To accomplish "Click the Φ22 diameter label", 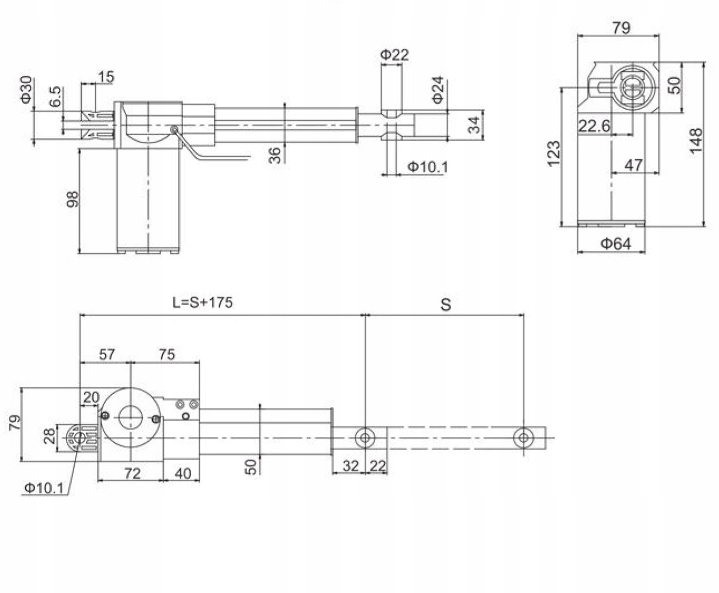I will [x=394, y=55].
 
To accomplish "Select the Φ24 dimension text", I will [x=437, y=90].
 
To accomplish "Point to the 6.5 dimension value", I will [x=55, y=96].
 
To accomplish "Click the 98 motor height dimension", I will [x=73, y=199].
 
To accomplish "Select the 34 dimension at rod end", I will [x=474, y=125].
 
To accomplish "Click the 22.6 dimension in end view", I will [x=594, y=126].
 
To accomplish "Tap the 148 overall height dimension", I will [x=696, y=141].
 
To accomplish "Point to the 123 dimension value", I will [x=553, y=154].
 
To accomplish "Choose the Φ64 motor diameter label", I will [x=616, y=244].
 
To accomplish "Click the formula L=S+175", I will [x=203, y=302].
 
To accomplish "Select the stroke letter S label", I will [x=445, y=305].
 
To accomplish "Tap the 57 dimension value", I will [x=107, y=354].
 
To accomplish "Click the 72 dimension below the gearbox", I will [x=132, y=473].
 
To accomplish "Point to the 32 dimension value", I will [x=350, y=466].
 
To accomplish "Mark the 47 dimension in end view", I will [x=634, y=165].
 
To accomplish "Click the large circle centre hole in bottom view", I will [x=130, y=418].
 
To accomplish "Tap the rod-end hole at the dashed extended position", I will [x=523, y=437].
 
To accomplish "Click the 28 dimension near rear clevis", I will [x=49, y=436].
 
